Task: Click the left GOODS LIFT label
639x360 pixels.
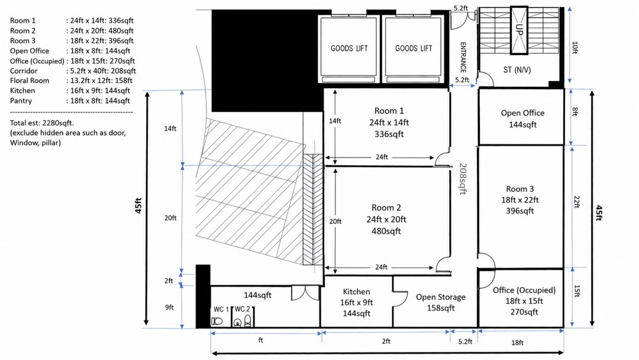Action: point(349,49)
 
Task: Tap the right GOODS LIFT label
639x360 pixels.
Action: point(413,49)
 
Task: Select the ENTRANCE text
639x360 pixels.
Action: point(463,57)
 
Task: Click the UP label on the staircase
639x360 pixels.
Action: point(519,30)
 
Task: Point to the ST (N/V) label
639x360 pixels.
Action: point(517,70)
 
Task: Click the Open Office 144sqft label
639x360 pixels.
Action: point(522,118)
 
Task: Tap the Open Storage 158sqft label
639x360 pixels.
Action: point(441,303)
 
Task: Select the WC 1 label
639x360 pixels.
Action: point(221,310)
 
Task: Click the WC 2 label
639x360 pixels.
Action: point(242,309)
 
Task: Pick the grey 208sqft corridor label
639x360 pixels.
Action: point(463,179)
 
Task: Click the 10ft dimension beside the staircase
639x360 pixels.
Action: point(575,47)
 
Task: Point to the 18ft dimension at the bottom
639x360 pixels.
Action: point(517,343)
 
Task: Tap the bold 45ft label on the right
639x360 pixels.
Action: point(599,213)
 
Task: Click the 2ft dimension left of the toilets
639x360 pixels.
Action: point(169,281)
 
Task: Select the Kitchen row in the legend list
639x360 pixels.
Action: point(70,91)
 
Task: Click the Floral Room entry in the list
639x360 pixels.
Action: point(72,81)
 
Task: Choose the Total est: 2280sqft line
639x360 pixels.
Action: point(42,123)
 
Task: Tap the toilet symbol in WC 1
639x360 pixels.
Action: point(217,322)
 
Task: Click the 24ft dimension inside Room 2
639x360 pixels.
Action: point(381,268)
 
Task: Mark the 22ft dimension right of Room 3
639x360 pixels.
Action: point(576,202)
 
